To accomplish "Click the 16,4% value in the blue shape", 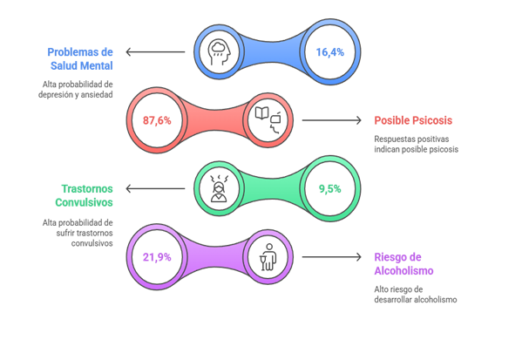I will [329, 52].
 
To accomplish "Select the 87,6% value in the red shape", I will [157, 120].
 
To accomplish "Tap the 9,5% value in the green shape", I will [329, 188].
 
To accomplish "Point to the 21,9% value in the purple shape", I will [157, 256].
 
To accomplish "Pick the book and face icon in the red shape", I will [268, 120].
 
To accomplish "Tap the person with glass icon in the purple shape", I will [268, 256].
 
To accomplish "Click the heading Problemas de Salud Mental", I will [80, 59].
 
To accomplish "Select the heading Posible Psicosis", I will [413, 120].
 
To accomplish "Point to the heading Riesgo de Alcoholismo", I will [403, 264].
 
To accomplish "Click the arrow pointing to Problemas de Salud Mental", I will [155, 52].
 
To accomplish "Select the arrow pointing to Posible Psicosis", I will [331, 120].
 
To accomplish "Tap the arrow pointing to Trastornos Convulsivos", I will [155, 188].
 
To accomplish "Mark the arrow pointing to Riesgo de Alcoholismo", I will [331, 256].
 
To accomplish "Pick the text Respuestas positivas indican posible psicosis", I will [417, 144].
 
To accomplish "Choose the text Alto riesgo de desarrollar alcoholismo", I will [411, 294].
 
